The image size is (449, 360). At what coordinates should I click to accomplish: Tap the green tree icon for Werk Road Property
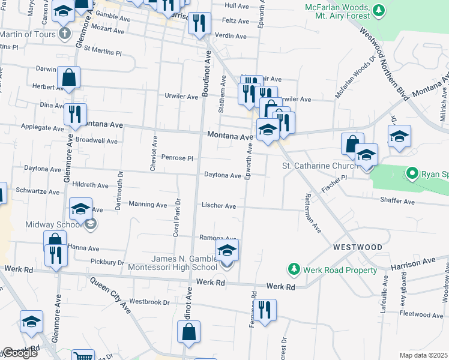point(294,268)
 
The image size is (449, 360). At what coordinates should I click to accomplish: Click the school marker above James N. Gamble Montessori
point(227,250)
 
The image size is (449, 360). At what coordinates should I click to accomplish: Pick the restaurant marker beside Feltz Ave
point(199,23)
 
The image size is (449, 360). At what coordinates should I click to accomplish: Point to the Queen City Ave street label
point(111,295)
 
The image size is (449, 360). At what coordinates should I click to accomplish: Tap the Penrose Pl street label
point(177,158)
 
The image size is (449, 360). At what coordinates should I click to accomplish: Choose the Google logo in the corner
point(19,353)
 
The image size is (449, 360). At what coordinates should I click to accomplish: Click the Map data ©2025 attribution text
point(424,355)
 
